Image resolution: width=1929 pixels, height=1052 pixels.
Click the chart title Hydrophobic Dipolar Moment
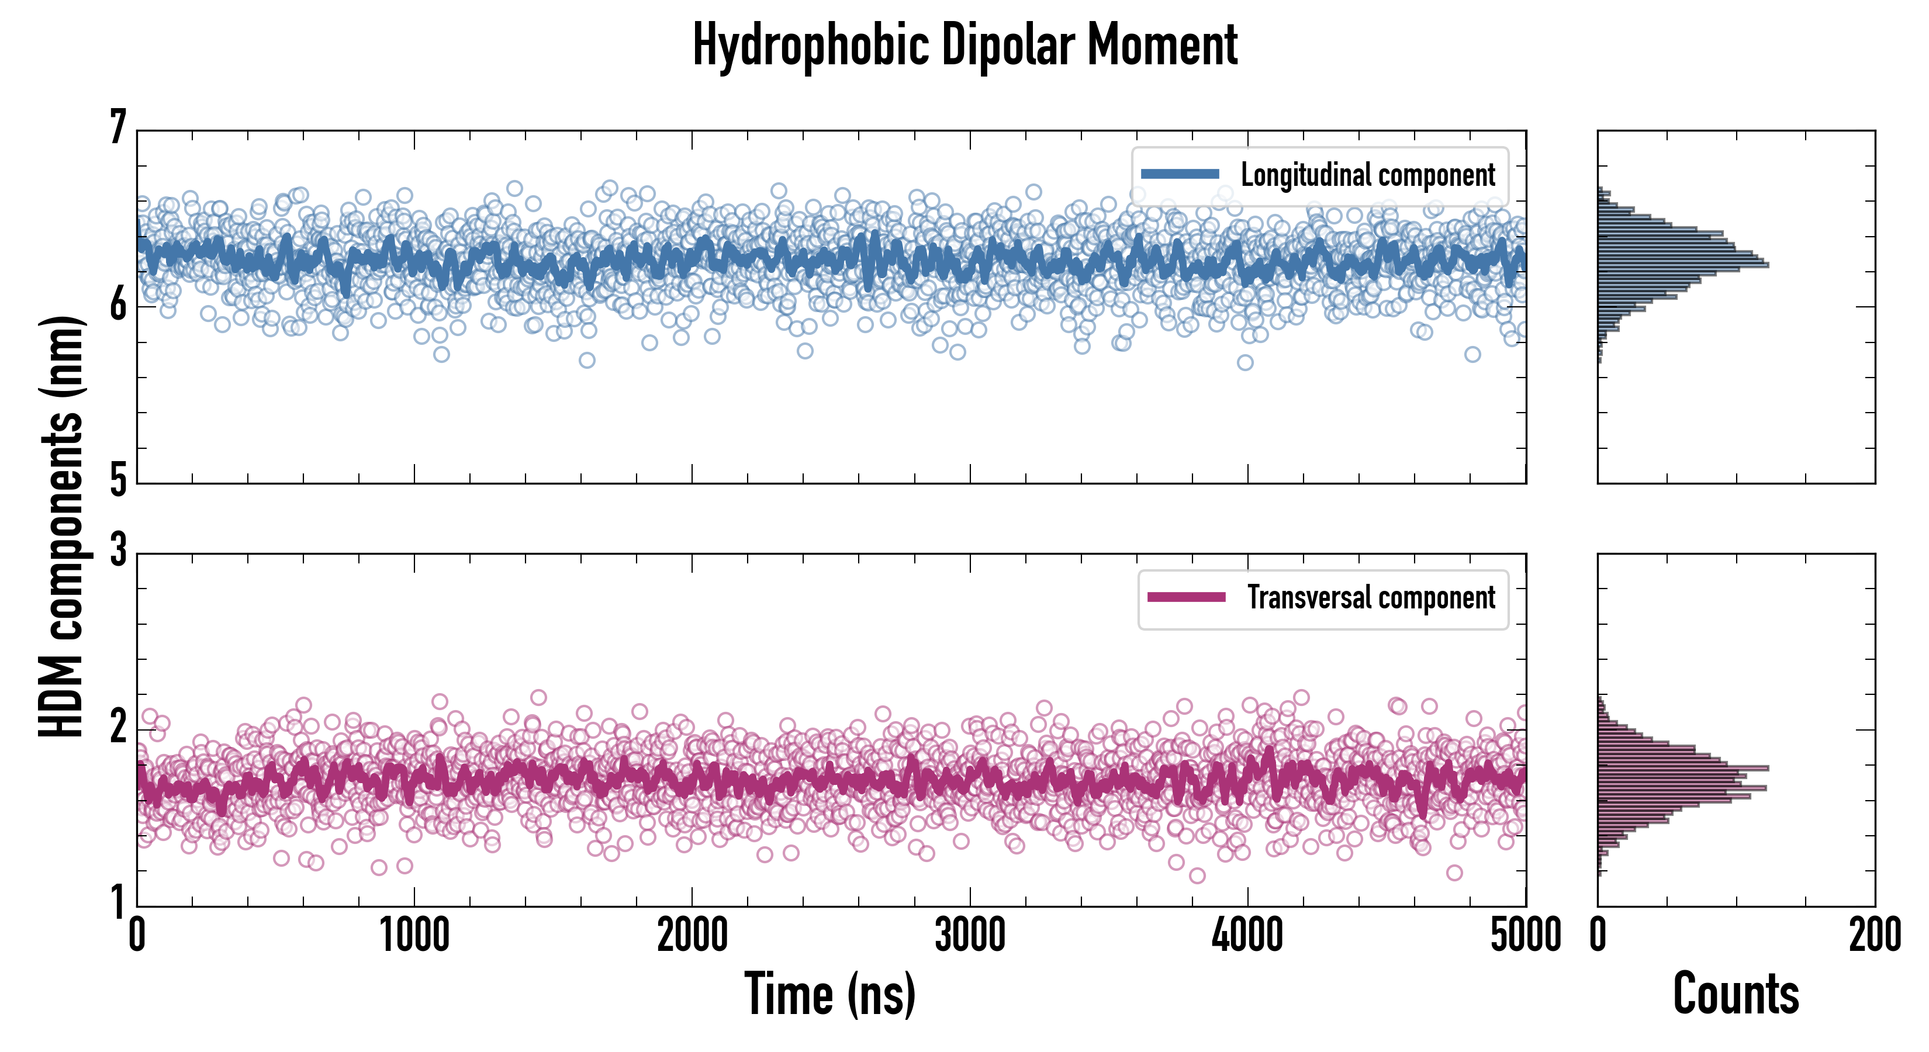point(965,45)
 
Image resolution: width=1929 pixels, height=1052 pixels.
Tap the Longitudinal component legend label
point(1367,175)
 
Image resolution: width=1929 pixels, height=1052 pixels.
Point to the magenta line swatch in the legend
point(1186,597)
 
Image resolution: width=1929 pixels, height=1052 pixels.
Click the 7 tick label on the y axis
point(118,127)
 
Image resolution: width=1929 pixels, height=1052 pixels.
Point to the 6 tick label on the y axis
point(118,304)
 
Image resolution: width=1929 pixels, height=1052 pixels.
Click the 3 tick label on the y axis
point(118,551)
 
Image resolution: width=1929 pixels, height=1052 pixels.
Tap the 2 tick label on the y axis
point(118,726)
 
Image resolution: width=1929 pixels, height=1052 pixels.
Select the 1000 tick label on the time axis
point(414,935)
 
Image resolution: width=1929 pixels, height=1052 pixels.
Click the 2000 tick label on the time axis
point(692,935)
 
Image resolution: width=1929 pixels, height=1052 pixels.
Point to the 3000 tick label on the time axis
point(970,935)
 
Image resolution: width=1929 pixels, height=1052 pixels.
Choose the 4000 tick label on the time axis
point(1247,935)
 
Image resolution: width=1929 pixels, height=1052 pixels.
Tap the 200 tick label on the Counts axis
point(1874,935)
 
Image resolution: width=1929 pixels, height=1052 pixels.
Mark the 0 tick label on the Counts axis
point(1598,935)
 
